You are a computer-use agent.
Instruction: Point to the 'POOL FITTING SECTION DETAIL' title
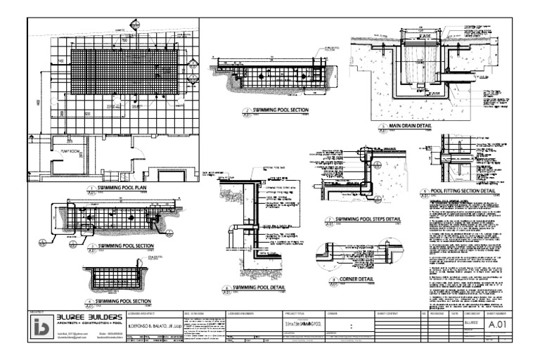coord(465,191)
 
